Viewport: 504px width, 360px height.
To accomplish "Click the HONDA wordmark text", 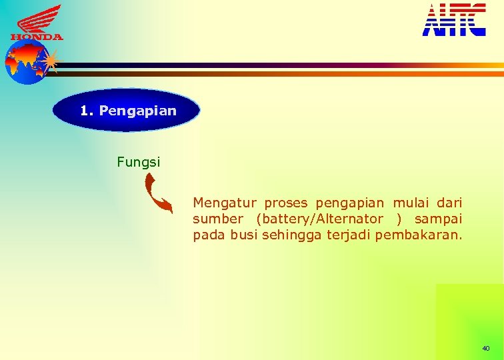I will coord(37,37).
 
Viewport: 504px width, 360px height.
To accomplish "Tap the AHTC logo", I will coord(454,20).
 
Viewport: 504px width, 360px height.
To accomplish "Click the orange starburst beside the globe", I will coord(51,61).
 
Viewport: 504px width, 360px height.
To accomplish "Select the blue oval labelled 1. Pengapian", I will coord(127,111).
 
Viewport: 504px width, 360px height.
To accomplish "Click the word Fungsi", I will coord(138,161).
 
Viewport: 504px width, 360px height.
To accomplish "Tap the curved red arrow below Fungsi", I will coord(159,193).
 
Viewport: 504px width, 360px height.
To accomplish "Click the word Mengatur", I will coord(225,202).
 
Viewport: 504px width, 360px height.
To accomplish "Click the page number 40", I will coord(485,349).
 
